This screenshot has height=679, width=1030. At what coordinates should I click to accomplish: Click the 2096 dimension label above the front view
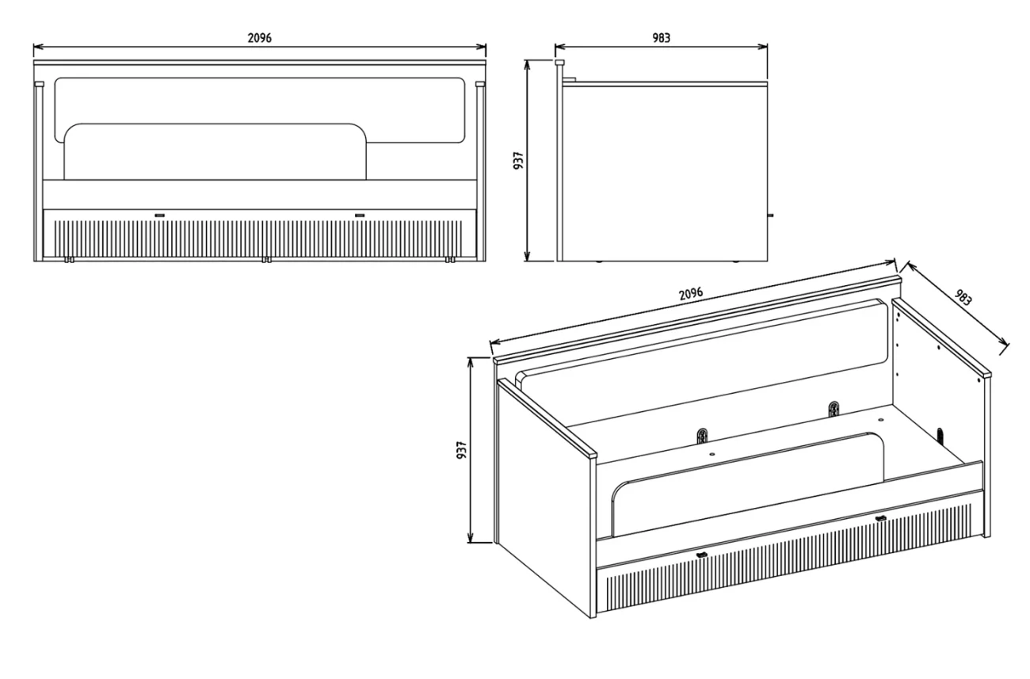point(260,38)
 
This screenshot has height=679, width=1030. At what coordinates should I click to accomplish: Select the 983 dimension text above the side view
point(662,38)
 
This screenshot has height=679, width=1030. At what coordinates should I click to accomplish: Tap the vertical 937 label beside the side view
point(518,161)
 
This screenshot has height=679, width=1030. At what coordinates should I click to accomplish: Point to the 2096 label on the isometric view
point(691,293)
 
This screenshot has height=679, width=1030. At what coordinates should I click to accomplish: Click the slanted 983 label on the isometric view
point(963,297)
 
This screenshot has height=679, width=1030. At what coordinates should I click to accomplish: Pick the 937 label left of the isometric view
point(462,450)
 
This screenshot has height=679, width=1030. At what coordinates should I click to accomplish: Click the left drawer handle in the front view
point(160,215)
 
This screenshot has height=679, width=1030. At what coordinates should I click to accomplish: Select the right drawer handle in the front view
point(360,215)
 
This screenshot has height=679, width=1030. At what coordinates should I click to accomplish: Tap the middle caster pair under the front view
point(266,260)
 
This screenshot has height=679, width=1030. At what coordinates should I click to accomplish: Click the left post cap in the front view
point(39,85)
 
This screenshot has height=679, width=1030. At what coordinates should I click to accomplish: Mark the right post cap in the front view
point(480,85)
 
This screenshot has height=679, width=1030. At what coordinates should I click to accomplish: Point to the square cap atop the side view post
point(559,62)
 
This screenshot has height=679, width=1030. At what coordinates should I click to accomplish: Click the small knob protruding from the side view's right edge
point(771,215)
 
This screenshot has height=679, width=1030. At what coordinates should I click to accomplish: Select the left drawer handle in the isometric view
point(702,555)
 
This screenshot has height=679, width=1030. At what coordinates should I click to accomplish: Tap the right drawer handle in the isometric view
point(880,518)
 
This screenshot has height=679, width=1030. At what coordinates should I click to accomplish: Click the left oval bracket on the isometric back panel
point(702,436)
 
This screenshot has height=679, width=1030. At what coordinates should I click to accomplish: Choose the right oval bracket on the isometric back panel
point(834,409)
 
